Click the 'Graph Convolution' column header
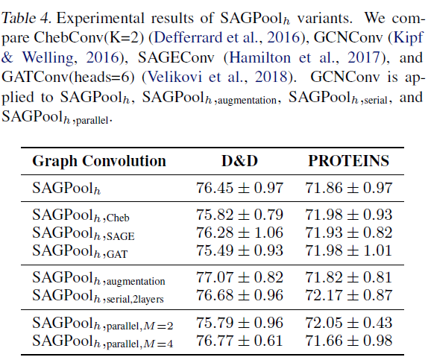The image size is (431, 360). (99, 161)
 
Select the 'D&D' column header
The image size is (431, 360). (241, 161)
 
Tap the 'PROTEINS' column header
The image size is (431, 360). (349, 161)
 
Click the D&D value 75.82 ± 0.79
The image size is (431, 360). (240, 215)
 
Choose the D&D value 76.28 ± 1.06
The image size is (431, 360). (240, 233)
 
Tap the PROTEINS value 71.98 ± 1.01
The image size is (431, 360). (349, 250)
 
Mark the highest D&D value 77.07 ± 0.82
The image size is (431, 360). (240, 278)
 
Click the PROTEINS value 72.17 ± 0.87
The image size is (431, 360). (349, 295)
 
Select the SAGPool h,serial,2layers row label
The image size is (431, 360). (97, 296)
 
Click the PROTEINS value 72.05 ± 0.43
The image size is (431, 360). (349, 323)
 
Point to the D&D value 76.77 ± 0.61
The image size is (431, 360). (240, 341)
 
